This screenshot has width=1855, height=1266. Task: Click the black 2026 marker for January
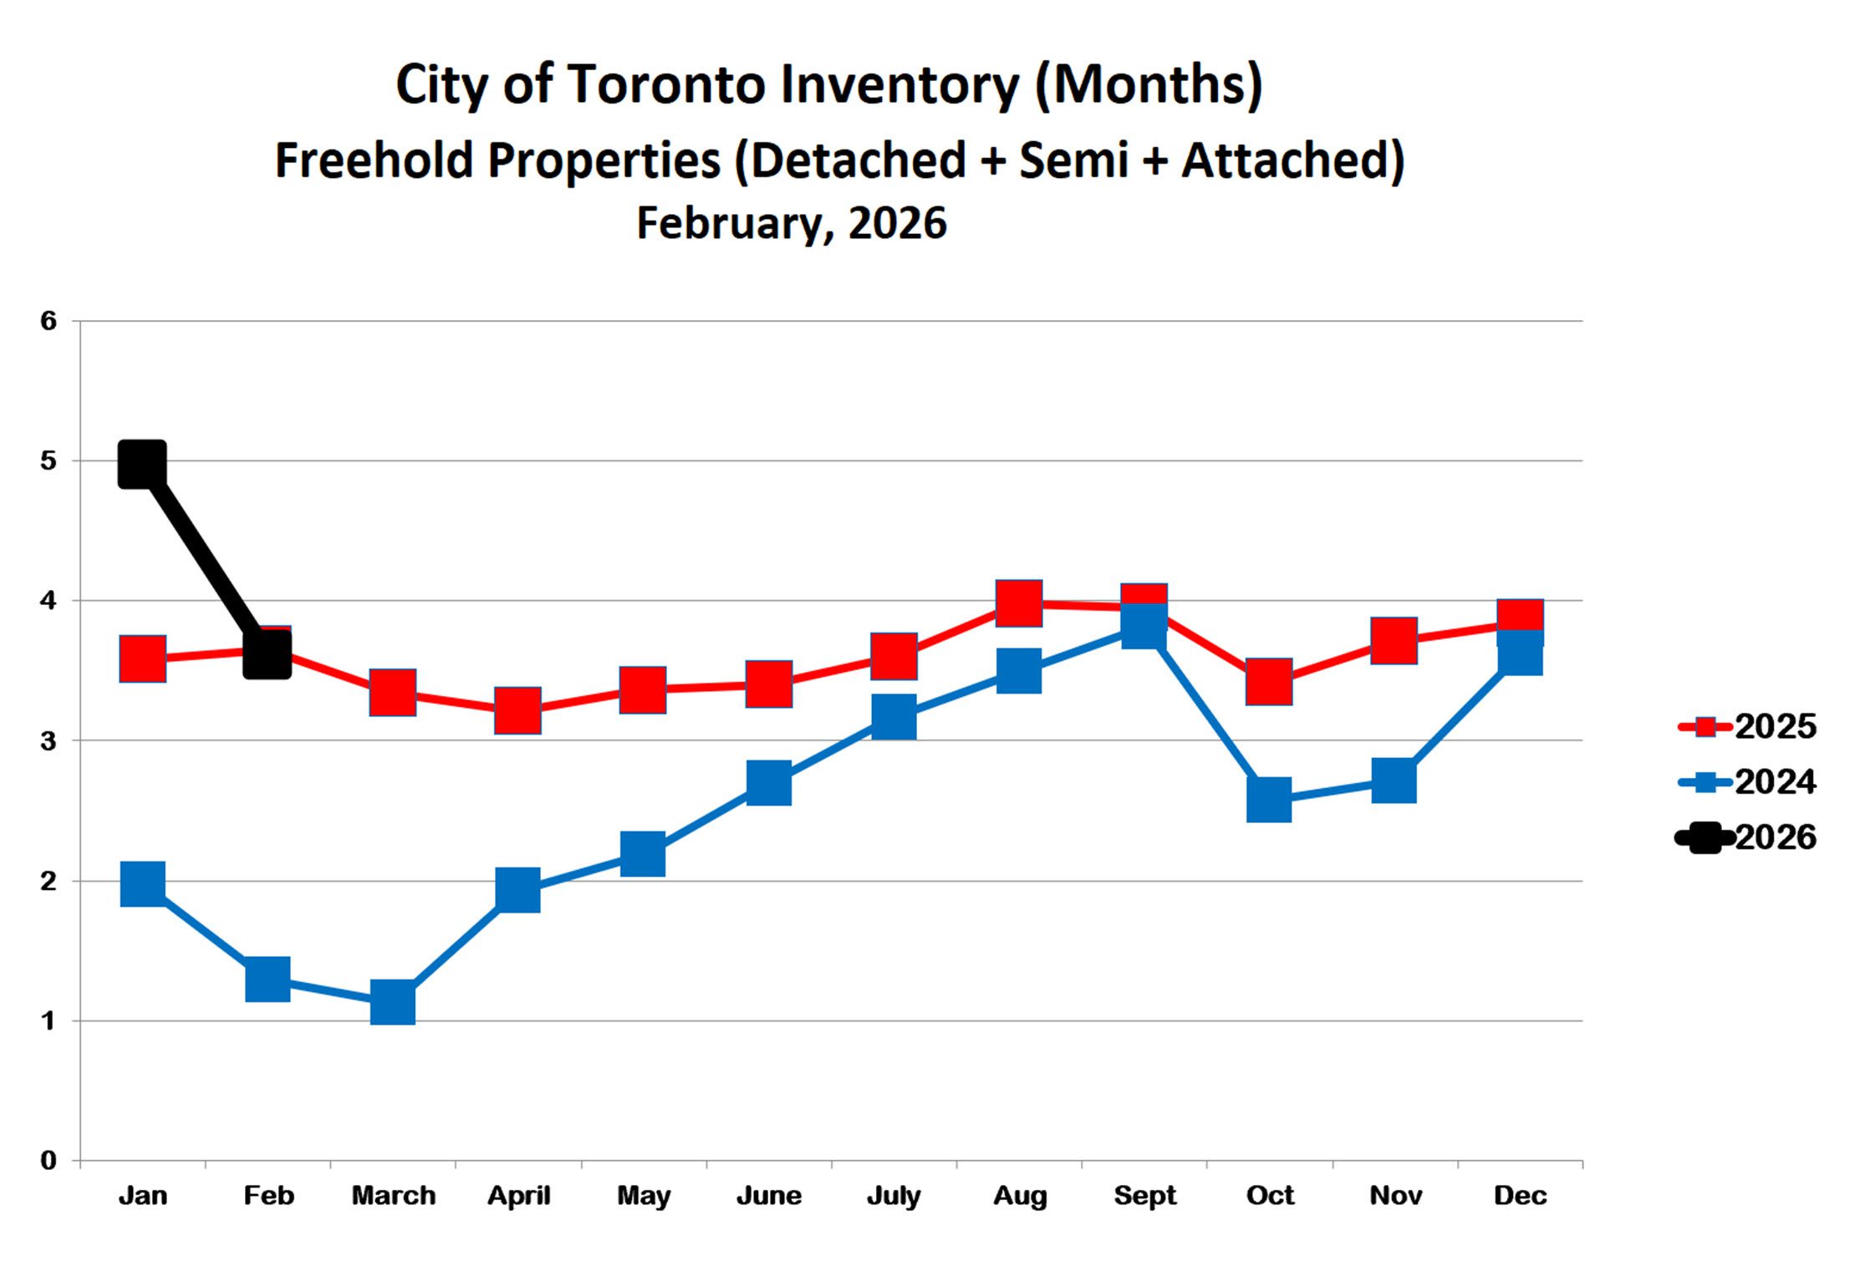[142, 464]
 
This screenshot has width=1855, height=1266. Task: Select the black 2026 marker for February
[268, 653]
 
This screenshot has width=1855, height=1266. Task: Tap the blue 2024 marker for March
[392, 1002]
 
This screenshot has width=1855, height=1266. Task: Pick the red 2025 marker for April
[517, 710]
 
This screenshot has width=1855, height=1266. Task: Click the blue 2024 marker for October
[1269, 799]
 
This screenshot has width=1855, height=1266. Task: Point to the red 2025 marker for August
[1019, 602]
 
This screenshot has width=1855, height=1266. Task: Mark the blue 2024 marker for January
[142, 883]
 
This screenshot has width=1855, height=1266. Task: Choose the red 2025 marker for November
[1394, 640]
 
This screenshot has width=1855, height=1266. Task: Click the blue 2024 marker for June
[768, 783]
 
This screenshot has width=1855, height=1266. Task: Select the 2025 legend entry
[1747, 726]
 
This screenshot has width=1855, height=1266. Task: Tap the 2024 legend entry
[1747, 782]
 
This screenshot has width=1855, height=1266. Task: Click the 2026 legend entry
[1747, 837]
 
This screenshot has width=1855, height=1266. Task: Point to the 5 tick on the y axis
[48, 460]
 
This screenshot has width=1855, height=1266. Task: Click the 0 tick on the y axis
[48, 1160]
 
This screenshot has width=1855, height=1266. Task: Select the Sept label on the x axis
[1144, 1196]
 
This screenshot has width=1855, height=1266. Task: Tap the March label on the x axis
[393, 1196]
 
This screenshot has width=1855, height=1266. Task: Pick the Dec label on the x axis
[1520, 1196]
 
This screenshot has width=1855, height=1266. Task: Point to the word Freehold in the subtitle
[372, 160]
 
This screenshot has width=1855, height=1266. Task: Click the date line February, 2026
[791, 223]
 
